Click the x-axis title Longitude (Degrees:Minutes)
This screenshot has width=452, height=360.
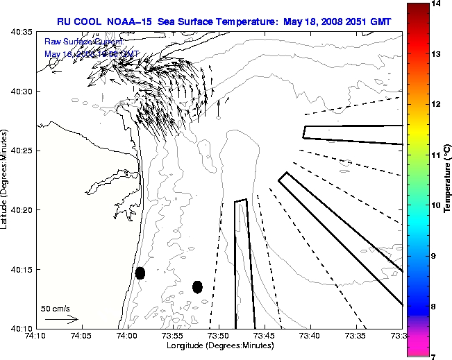(219, 345)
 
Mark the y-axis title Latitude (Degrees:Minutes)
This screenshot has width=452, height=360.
(6, 180)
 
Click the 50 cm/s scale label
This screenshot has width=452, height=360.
(55, 309)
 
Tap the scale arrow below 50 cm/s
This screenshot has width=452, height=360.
(62, 320)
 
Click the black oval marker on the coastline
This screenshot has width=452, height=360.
(140, 273)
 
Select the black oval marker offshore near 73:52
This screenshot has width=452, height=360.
(197, 286)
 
